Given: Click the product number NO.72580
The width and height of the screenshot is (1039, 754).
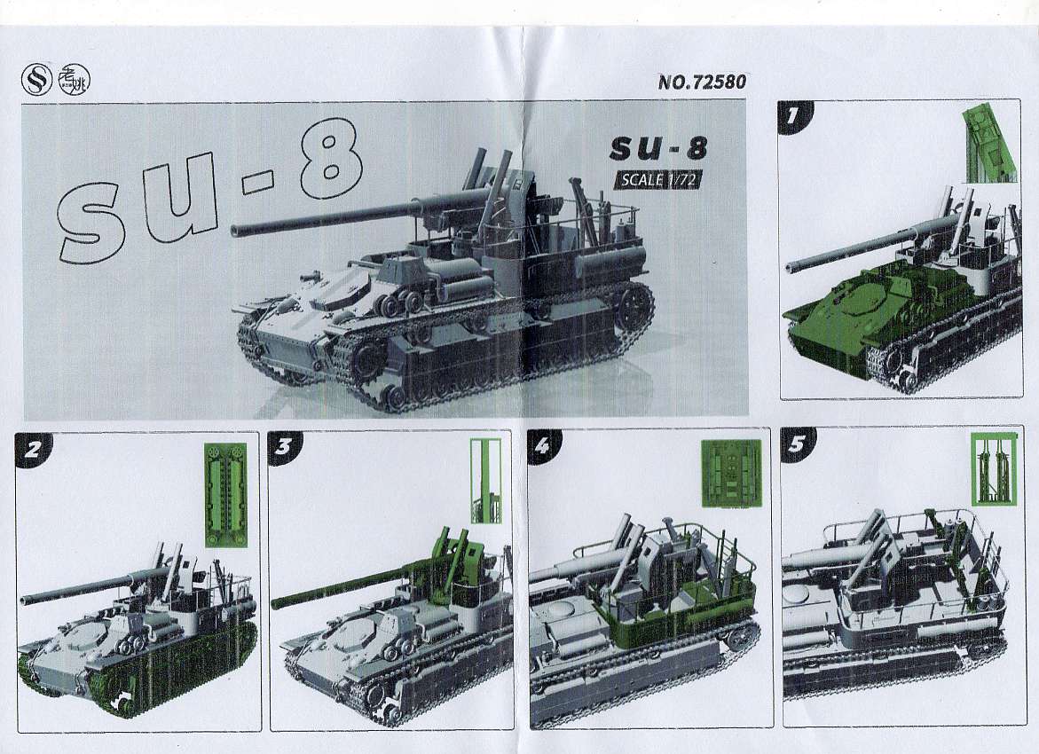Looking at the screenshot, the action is tap(702, 82).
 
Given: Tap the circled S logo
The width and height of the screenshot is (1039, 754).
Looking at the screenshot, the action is tap(36, 81).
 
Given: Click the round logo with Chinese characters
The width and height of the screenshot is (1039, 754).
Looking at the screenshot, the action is tap(74, 81).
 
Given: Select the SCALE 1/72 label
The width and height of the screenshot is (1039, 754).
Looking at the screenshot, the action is tap(658, 179).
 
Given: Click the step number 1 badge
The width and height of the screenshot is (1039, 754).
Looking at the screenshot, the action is tap(791, 116).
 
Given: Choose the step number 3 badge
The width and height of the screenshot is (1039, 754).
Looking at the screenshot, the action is tap(284, 446).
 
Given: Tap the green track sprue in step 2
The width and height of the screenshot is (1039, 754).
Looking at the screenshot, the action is tap(225, 494).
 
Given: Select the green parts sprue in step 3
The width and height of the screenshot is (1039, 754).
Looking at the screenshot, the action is tap(485, 481).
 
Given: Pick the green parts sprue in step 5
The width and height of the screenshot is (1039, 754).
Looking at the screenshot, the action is tap(994, 467).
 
